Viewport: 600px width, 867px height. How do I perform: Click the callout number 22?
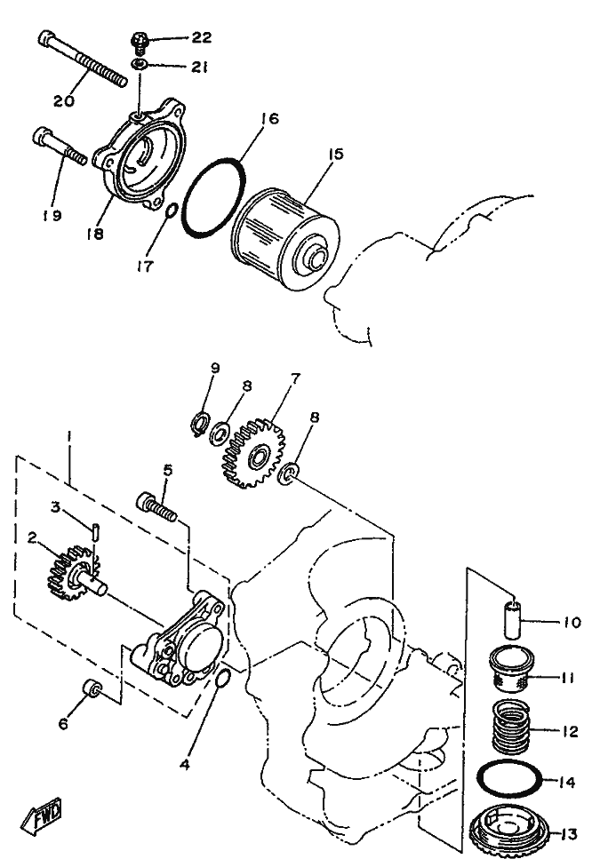tap(202, 37)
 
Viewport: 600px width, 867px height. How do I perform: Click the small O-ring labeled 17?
tap(172, 212)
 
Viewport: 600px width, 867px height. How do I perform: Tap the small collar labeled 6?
tap(90, 689)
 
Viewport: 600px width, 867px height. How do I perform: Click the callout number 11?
tap(567, 677)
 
